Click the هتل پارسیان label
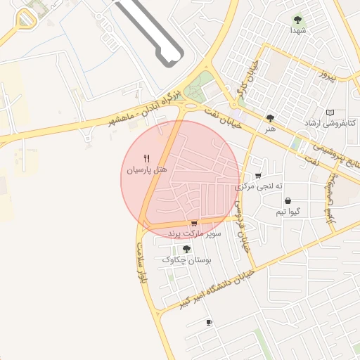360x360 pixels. pyautogui.click(x=146, y=170)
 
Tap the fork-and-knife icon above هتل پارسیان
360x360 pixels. pyautogui.click(x=146, y=158)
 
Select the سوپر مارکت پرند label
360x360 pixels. pyautogui.click(x=195, y=233)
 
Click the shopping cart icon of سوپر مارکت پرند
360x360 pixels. pyautogui.click(x=194, y=224)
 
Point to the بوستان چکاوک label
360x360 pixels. pyautogui.click(x=187, y=259)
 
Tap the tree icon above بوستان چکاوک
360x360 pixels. pyautogui.click(x=186, y=249)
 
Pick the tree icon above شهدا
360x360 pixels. pyautogui.click(x=297, y=20)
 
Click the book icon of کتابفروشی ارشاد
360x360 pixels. pyautogui.click(x=330, y=112)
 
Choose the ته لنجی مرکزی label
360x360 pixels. pyautogui.click(x=259, y=186)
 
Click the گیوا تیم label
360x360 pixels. pyautogui.click(x=288, y=211)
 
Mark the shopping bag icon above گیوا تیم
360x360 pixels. pyautogui.click(x=288, y=201)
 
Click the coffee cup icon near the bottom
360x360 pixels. pyautogui.click(x=209, y=322)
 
